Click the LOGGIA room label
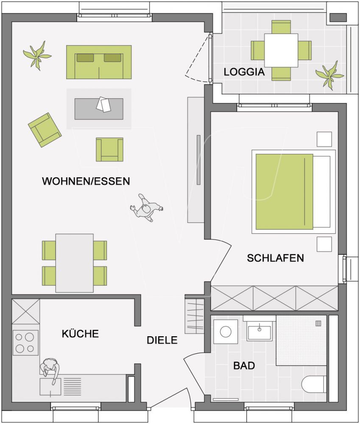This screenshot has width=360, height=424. pyautogui.click(x=244, y=72)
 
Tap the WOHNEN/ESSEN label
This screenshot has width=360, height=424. pyautogui.click(x=86, y=181)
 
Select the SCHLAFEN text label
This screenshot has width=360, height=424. pyautogui.click(x=275, y=258)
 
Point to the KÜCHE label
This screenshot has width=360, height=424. pyautogui.click(x=80, y=333)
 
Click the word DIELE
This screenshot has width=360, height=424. pyautogui.click(x=162, y=340)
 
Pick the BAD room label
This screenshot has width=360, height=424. pyautogui.click(x=244, y=366)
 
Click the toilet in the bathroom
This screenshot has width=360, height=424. pyautogui.click(x=314, y=384)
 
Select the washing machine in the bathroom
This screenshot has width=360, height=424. pyautogui.click(x=226, y=332)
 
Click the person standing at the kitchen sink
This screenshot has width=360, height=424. pyautogui.click(x=50, y=371)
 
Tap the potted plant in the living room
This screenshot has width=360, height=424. pyautogui.click(x=37, y=56)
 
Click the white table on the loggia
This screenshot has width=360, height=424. pyautogui.click(x=281, y=50)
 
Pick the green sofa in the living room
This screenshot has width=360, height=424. pyautogui.click(x=99, y=62)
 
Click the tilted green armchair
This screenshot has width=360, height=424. pyautogui.click(x=45, y=130)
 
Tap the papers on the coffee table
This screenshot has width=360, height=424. pyautogui.click(x=103, y=104)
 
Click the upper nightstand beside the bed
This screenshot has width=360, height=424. pyautogui.click(x=324, y=139)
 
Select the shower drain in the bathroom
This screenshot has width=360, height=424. pyautogui.click(x=318, y=323)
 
